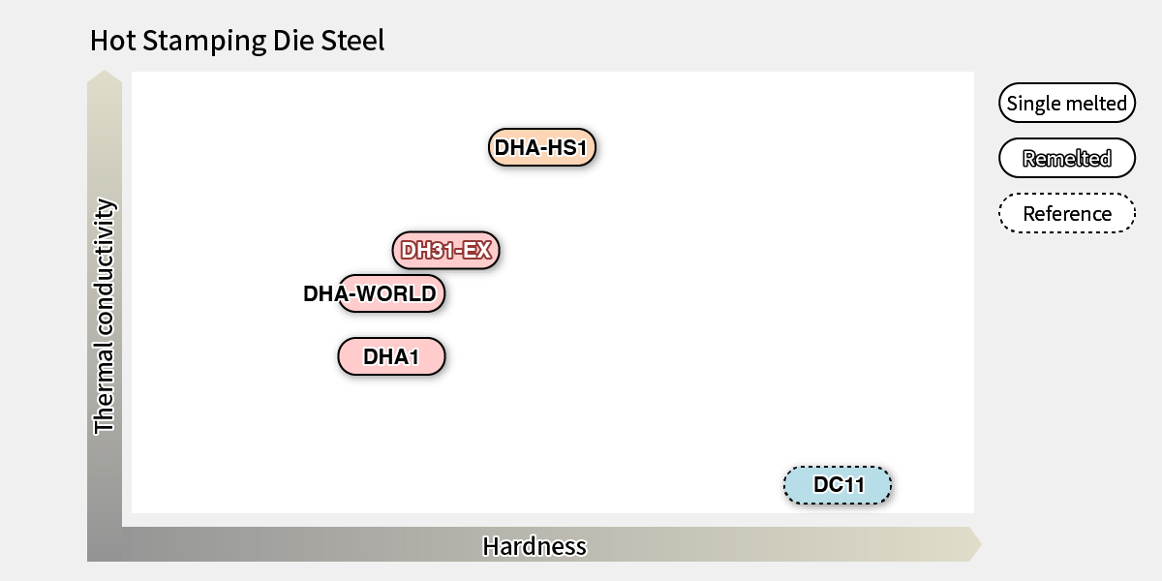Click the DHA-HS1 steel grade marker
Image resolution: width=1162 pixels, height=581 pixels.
click(x=540, y=148)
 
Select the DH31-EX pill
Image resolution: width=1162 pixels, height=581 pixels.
click(x=446, y=251)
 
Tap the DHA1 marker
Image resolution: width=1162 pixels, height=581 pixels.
click(x=391, y=356)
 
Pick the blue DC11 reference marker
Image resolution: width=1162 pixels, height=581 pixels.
click(x=838, y=485)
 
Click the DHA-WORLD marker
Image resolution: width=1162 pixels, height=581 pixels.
click(x=391, y=293)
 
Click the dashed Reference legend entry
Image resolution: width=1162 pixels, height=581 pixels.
click(x=1066, y=214)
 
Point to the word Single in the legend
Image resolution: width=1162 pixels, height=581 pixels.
click(x=1033, y=104)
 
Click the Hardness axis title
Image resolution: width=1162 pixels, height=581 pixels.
click(x=535, y=546)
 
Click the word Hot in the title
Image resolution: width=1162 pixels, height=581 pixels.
click(x=110, y=41)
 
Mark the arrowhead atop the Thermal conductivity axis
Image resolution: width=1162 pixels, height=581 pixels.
click(x=105, y=76)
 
